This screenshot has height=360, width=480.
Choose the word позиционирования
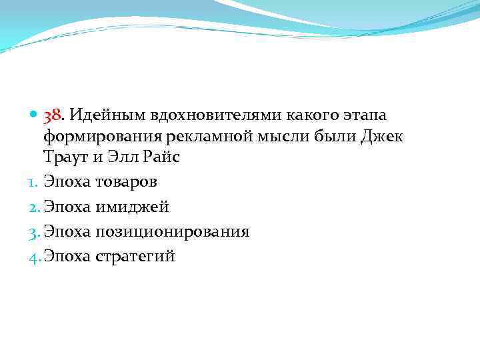coord(173,232)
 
